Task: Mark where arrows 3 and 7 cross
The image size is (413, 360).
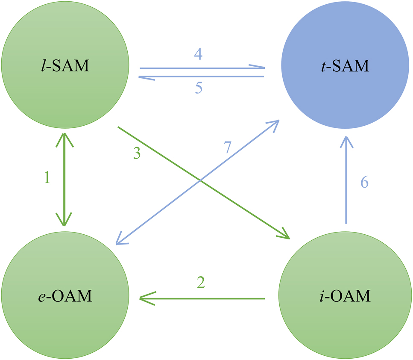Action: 201,181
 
